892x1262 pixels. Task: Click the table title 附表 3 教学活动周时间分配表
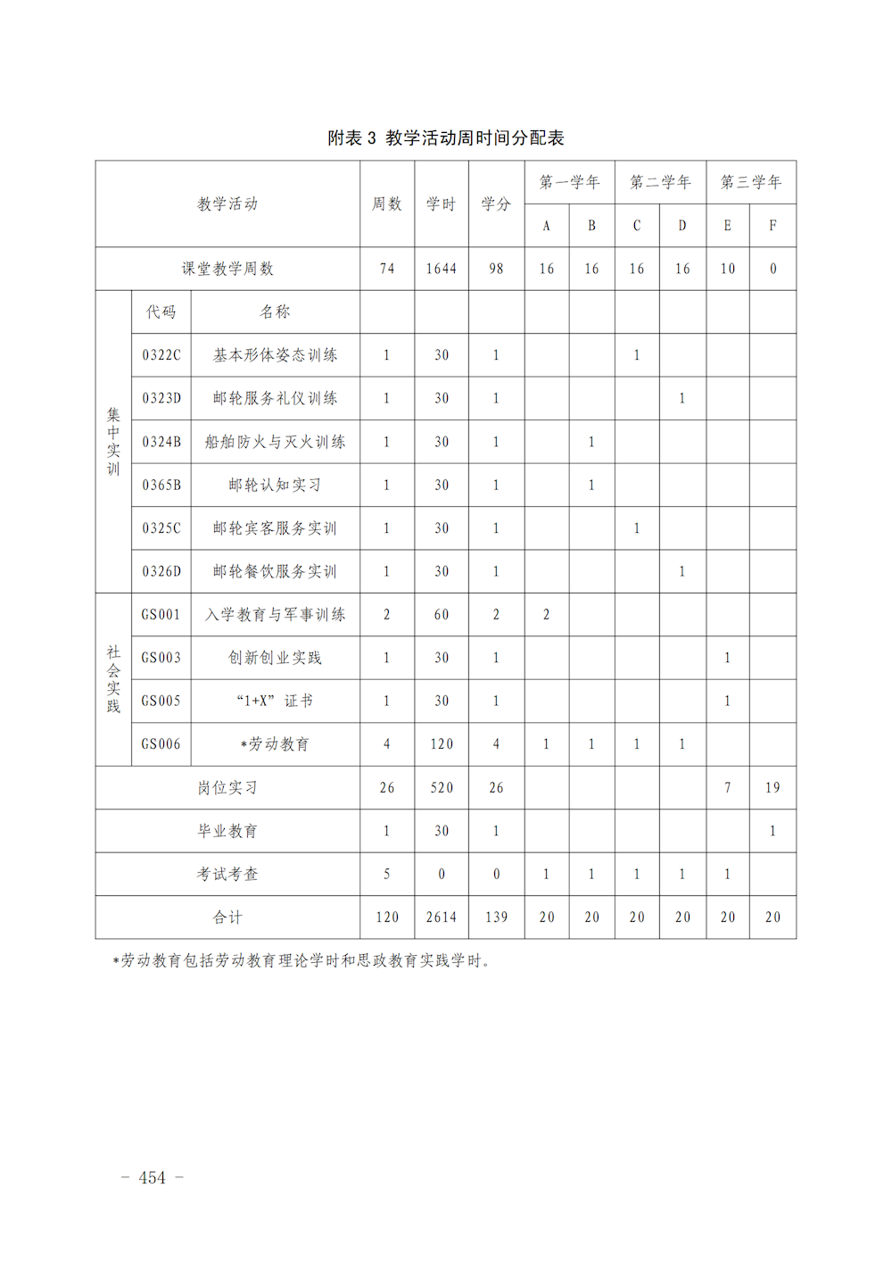tap(446, 137)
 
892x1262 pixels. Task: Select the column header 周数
tap(387, 203)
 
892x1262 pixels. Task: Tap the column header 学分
tap(496, 203)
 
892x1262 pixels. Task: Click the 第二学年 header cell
tap(660, 182)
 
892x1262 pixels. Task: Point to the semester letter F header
tap(772, 226)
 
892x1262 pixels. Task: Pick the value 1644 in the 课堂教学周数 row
tap(442, 269)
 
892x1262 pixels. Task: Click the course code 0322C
tap(161, 355)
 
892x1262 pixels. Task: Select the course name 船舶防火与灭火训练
tap(275, 442)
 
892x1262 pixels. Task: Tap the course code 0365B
tap(161, 485)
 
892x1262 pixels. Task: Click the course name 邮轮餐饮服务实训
tap(275, 571)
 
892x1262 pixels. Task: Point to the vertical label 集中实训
tap(113, 442)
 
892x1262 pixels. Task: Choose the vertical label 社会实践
tap(113, 679)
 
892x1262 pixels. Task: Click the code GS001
tap(161, 615)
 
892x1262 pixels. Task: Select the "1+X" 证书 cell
tap(275, 702)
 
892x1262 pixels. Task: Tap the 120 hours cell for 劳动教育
tap(442, 744)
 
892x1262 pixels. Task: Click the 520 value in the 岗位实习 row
tap(442, 788)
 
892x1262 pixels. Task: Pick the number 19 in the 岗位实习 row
tap(772, 788)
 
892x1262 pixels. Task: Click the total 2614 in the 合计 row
tap(442, 917)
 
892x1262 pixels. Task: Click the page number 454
tap(153, 1178)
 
